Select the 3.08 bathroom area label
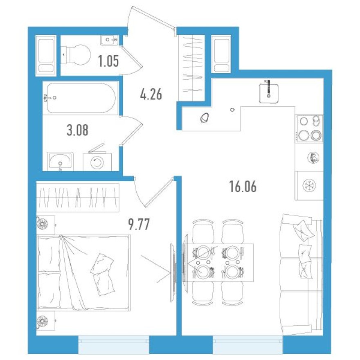[77, 131]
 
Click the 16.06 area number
[243, 187]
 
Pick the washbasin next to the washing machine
[61, 161]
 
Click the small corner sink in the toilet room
[110, 39]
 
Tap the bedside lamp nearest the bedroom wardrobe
[43, 223]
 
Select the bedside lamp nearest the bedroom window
[43, 320]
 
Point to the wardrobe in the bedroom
[78, 198]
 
